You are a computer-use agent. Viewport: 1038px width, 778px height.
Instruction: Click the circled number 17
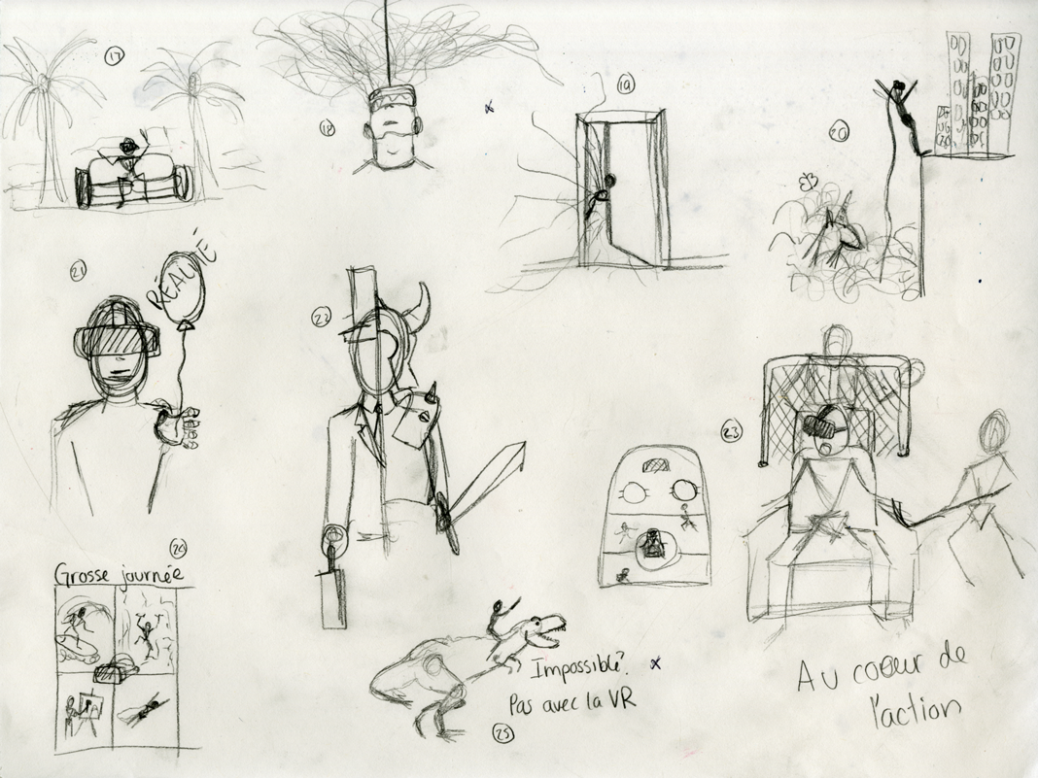[114, 57]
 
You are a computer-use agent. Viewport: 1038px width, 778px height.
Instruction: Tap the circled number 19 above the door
[625, 85]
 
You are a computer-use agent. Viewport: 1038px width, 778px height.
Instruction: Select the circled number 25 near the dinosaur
[502, 732]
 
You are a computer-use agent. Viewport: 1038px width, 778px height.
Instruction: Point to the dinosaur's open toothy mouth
[548, 632]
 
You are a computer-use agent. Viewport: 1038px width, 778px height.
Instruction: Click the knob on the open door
[608, 180]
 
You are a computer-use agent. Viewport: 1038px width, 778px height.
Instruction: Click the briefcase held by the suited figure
[332, 598]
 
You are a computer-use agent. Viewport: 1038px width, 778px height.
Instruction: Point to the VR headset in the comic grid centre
[116, 671]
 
